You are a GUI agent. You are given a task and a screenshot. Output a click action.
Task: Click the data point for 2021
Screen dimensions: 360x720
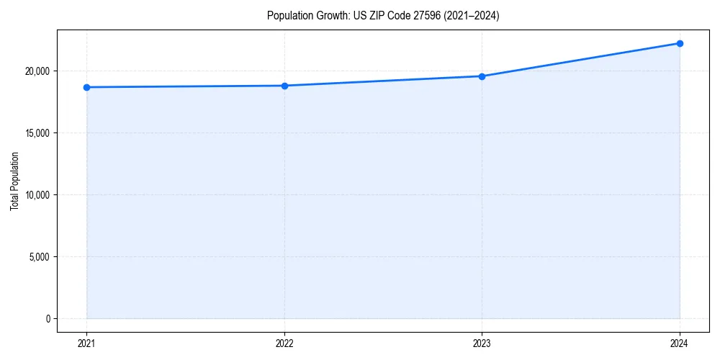86,87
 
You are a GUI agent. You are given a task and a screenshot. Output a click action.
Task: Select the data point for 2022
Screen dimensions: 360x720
284,86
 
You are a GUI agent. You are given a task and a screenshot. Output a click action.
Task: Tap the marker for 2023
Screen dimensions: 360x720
482,76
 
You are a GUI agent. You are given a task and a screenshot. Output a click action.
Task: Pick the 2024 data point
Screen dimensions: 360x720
680,43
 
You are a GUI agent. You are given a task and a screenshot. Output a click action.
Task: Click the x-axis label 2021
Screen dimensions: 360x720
86,344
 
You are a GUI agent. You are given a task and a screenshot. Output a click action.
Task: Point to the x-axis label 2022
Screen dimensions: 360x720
284,344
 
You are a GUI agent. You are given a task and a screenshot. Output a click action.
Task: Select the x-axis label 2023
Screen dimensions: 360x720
482,344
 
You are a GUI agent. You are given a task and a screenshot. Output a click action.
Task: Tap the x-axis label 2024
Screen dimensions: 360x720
680,344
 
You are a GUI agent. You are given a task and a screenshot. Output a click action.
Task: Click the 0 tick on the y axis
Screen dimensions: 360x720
47,318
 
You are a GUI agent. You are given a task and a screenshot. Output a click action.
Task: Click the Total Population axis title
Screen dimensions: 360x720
14,181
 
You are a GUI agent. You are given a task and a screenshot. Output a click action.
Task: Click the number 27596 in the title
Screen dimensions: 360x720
426,16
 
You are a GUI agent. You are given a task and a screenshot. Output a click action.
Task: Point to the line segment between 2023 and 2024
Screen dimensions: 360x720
580,60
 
